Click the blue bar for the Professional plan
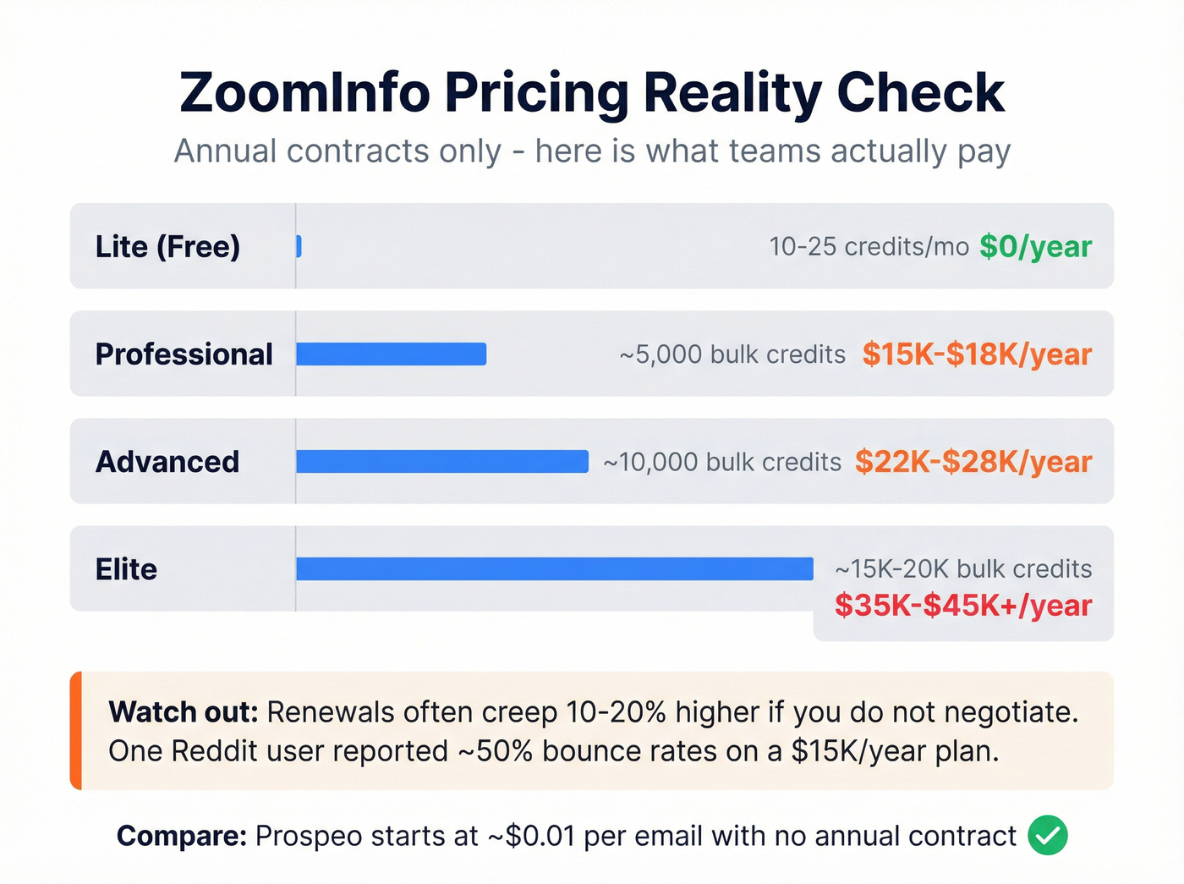(391, 354)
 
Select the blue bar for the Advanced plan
(441, 461)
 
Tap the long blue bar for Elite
(554, 568)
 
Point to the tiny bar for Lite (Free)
(299, 246)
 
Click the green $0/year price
(1035, 246)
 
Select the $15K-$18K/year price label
(977, 354)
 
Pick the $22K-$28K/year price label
(973, 461)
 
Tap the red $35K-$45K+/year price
(962, 606)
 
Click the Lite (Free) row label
(167, 246)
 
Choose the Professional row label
(184, 354)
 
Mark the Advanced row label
(167, 461)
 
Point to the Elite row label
(126, 568)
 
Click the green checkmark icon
(1048, 836)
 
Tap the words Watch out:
(183, 712)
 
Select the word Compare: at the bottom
(181, 836)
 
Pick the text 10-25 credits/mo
(869, 246)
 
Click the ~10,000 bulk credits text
(722, 462)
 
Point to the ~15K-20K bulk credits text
(963, 568)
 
